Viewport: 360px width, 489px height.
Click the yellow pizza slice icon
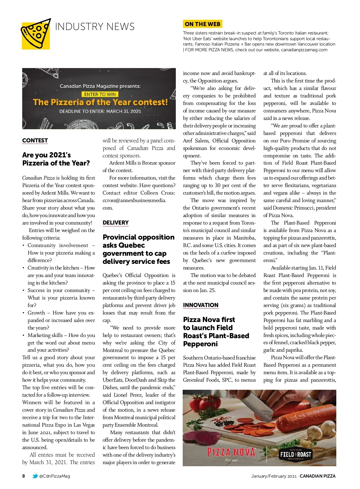[x=36, y=34]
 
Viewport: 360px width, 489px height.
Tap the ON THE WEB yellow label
[x=202, y=24]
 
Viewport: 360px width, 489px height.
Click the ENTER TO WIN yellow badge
[x=100, y=94]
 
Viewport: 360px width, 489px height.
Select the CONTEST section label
[x=35, y=141]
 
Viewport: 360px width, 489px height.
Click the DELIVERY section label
[x=115, y=223]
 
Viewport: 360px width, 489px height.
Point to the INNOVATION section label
[x=201, y=305]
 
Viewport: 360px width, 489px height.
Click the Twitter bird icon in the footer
[x=35, y=476]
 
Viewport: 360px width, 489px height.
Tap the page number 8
[x=24, y=476]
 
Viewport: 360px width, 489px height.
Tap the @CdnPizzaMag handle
[x=55, y=476]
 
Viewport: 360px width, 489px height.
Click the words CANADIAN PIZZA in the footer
[x=318, y=476]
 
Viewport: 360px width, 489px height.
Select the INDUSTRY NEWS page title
[x=95, y=27]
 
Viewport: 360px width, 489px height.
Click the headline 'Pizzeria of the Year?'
[x=56, y=163]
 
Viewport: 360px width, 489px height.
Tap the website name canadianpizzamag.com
[x=304, y=50]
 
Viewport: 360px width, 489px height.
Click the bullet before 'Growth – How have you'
[x=24, y=313]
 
